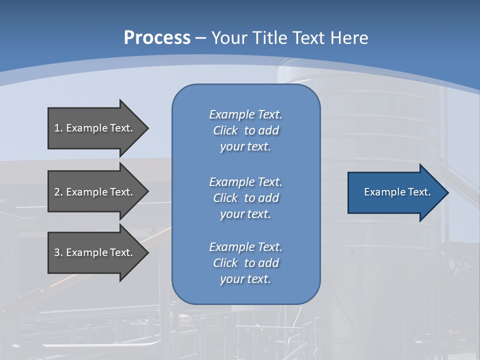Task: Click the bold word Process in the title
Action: click(x=157, y=38)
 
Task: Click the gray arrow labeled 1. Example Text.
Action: click(x=98, y=128)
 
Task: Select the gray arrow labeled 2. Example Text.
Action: click(x=98, y=191)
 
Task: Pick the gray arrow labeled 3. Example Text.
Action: click(x=98, y=253)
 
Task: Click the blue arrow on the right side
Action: click(x=398, y=192)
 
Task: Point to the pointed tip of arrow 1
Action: click(x=149, y=128)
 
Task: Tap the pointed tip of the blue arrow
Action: click(x=449, y=192)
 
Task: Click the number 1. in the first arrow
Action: click(x=58, y=128)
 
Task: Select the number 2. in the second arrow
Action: click(x=58, y=192)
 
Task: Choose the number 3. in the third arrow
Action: click(x=58, y=252)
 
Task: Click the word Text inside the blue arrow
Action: click(x=419, y=192)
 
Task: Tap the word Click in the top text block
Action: click(x=225, y=130)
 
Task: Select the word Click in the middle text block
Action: click(x=225, y=198)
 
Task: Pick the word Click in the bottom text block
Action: click(x=225, y=262)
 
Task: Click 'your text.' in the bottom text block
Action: click(x=245, y=279)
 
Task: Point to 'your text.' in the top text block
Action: click(x=245, y=147)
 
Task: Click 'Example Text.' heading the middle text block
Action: click(x=246, y=182)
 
